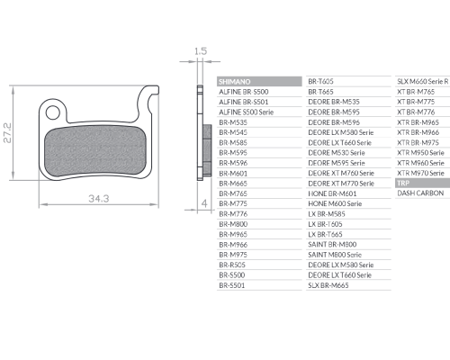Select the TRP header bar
[x=422, y=183]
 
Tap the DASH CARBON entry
[x=420, y=193]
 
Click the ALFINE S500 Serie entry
[x=246, y=112]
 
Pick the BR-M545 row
[x=233, y=132]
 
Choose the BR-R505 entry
[x=232, y=265]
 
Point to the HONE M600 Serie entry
[x=335, y=203]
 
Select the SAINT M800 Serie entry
[x=335, y=255]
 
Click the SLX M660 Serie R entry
[x=423, y=81]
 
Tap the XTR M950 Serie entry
[x=420, y=153]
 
